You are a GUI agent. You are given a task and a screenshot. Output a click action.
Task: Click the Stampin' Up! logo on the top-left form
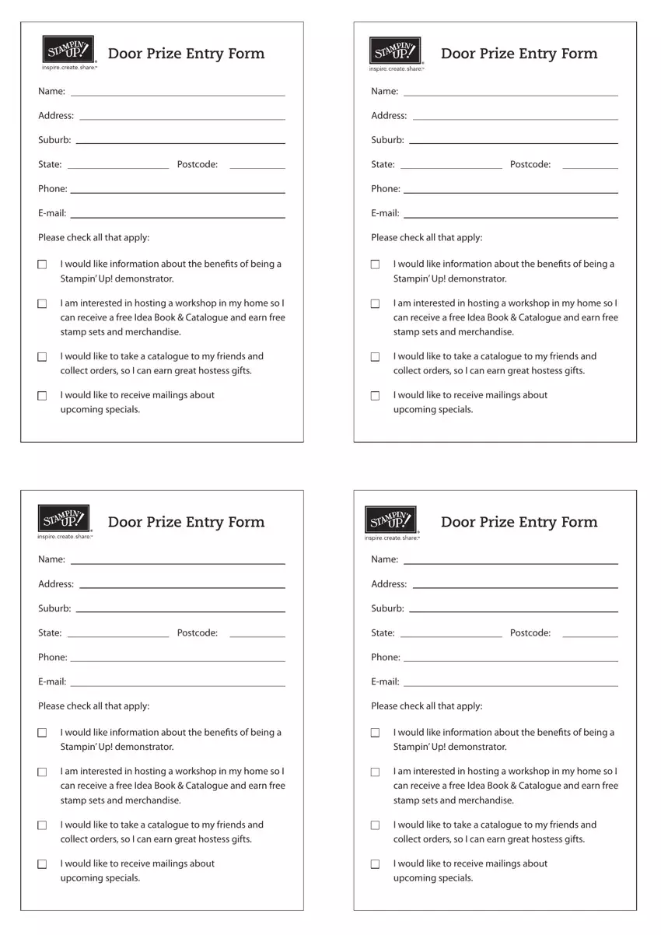click(68, 50)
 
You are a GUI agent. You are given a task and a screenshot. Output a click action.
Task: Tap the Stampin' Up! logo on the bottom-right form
click(391, 520)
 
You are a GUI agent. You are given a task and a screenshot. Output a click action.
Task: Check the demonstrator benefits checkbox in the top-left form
click(42, 264)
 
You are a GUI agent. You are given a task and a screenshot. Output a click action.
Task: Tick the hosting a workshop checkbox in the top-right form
click(375, 303)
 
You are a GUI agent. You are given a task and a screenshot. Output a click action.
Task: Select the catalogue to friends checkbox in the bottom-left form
click(42, 825)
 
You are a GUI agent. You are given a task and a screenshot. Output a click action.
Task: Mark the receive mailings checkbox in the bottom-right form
click(375, 864)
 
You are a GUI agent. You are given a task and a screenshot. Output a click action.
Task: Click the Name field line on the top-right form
click(510, 95)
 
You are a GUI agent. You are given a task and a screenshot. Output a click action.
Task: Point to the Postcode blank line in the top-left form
click(257, 167)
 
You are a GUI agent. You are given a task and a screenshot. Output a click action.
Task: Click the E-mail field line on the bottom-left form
click(177, 685)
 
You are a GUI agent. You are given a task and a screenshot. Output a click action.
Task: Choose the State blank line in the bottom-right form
click(451, 636)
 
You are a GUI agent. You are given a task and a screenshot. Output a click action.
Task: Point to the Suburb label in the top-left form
click(54, 140)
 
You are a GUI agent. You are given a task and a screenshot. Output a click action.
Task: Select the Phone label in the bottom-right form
click(385, 657)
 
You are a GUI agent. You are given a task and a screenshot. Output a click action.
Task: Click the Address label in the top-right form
click(389, 116)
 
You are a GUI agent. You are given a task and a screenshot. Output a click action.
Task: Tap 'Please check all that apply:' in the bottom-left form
click(93, 706)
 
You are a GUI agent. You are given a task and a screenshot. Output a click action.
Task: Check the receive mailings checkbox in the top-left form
click(42, 396)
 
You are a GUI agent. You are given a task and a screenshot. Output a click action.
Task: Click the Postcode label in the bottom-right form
click(530, 633)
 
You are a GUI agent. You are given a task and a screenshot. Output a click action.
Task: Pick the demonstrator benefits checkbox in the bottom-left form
click(42, 733)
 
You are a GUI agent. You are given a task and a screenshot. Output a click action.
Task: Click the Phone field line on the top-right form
click(510, 192)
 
